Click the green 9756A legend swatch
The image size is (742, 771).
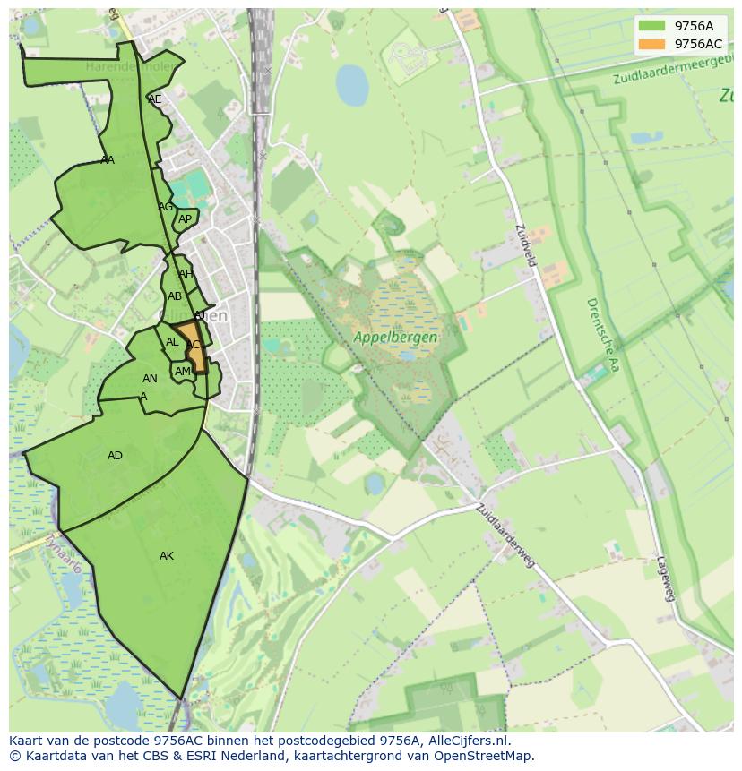coord(651,26)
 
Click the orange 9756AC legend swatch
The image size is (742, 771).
coord(651,44)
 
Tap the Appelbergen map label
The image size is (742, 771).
coord(395,338)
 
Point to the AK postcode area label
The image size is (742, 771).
coord(167,556)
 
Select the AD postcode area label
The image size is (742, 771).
coord(115,456)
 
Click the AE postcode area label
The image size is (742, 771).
coord(155,99)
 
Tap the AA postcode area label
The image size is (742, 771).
coord(108,160)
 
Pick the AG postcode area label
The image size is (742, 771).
coord(165,207)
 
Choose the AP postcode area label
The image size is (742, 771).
coord(185,219)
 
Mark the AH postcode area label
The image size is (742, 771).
coord(185,274)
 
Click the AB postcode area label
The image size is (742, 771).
coord(175,296)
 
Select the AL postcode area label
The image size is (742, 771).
coord(172,342)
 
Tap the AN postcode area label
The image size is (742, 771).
coord(150,379)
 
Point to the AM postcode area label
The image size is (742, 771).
coord(183,372)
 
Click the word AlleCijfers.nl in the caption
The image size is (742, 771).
coord(466,741)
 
